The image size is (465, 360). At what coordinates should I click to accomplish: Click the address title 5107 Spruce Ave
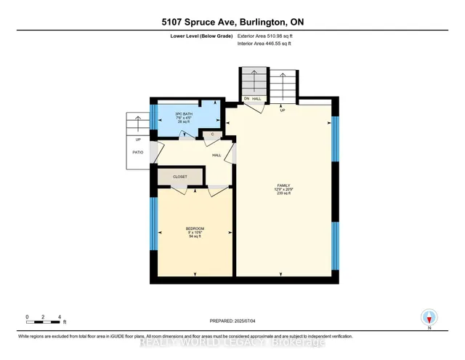click(232, 22)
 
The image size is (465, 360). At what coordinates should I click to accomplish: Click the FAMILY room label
click(283, 185)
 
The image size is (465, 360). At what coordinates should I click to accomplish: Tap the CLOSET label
click(179, 177)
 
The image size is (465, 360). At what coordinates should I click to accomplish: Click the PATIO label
click(137, 153)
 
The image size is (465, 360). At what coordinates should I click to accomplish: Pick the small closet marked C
click(212, 134)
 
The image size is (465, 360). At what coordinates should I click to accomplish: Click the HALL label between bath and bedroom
click(217, 155)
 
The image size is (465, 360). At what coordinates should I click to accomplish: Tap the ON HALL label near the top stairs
click(252, 98)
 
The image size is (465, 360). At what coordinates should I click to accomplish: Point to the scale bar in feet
click(44, 318)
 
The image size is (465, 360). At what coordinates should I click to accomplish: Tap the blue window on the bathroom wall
click(153, 116)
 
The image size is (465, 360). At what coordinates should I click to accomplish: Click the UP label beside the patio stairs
click(137, 139)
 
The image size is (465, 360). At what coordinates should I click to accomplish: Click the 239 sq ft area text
click(283, 194)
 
